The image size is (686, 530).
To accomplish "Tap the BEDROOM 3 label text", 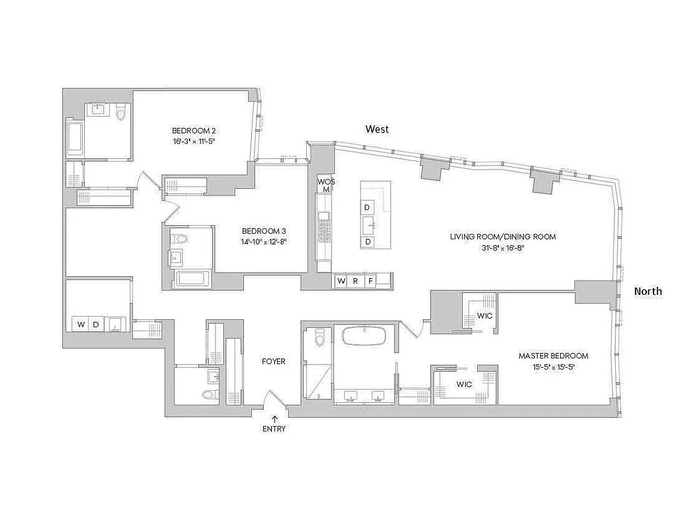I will (264, 231).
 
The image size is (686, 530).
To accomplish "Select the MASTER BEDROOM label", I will (553, 356).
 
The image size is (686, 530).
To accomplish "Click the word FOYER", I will (274, 361).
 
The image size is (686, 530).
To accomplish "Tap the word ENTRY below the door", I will (274, 429).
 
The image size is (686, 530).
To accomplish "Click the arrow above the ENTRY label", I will (274, 418).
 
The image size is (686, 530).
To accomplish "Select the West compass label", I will (377, 129).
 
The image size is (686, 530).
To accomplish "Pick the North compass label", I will (648, 291).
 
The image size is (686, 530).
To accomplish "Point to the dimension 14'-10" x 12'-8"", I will (264, 242).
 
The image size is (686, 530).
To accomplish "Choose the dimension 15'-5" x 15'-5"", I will (553, 366).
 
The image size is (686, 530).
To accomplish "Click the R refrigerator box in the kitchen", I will (356, 281).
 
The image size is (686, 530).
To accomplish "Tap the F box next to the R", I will (371, 281).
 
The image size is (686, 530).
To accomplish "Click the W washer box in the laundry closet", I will (81, 325).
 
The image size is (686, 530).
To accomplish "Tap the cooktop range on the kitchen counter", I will (324, 229).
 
